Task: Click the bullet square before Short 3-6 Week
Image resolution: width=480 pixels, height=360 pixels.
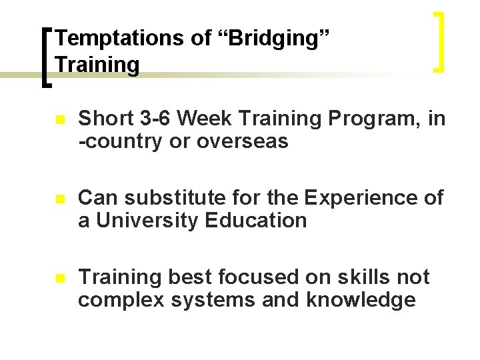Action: point(59,121)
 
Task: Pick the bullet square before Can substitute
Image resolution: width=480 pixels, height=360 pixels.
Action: point(59,199)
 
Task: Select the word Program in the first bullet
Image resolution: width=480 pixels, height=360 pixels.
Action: point(377,119)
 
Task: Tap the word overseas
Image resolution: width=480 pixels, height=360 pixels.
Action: point(243,141)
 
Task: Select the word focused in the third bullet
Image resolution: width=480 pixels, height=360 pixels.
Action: point(259,277)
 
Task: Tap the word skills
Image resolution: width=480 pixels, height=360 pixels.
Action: point(361,277)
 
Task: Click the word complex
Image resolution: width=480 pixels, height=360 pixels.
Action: point(119,300)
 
